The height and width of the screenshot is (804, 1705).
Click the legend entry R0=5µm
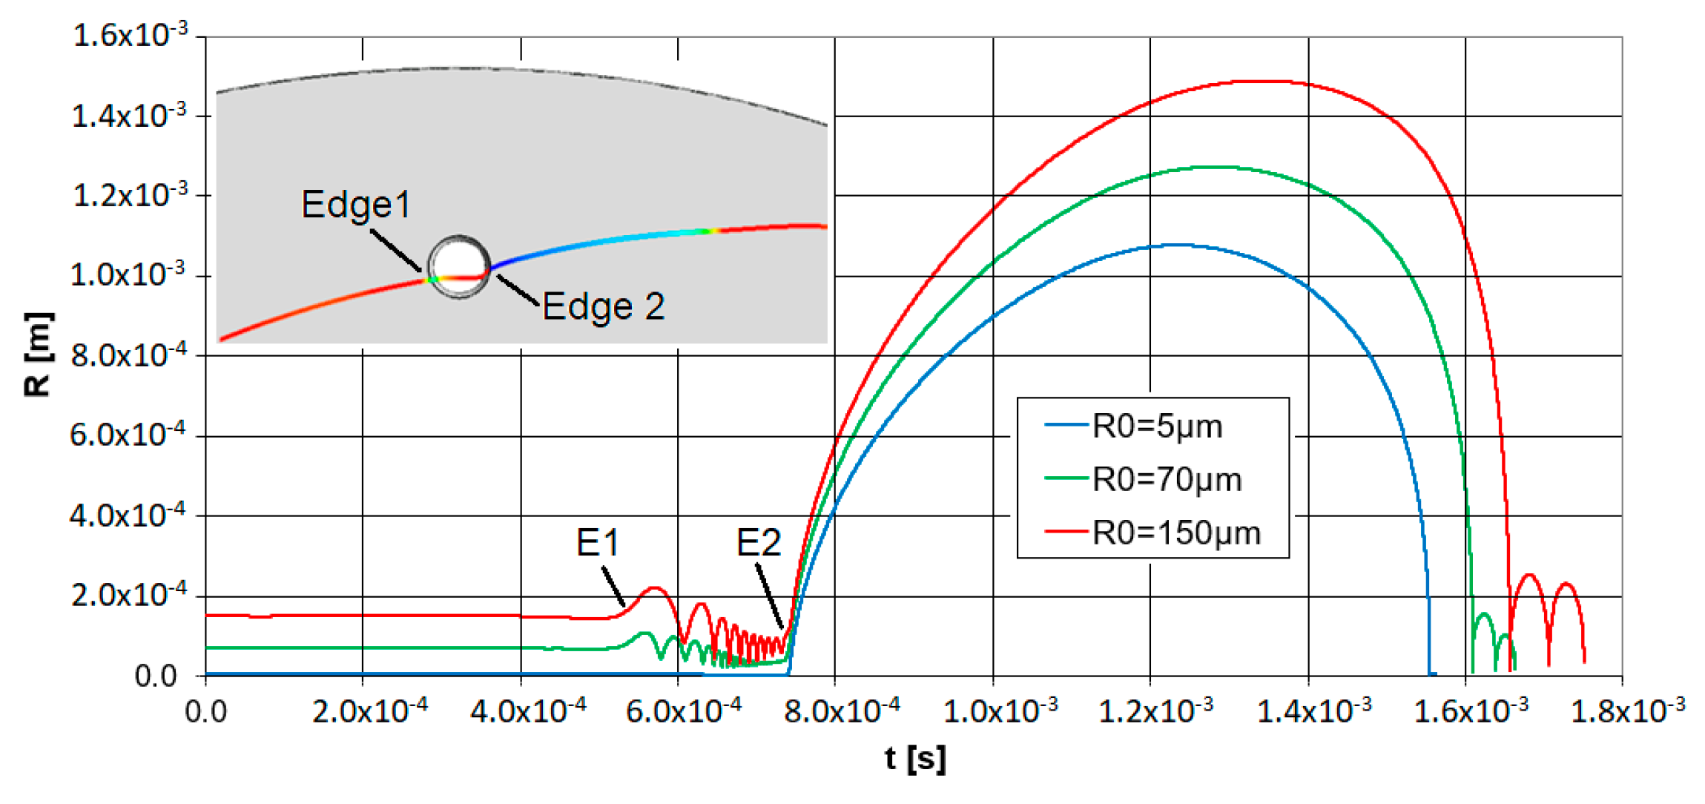pyautogui.click(x=1156, y=426)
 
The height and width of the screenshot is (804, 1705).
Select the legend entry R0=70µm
pyautogui.click(x=1166, y=480)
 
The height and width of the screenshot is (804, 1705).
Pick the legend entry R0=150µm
pyautogui.click(x=1175, y=533)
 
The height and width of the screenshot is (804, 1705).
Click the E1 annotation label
pyautogui.click(x=597, y=543)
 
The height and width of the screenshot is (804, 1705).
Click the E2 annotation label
pyautogui.click(x=758, y=543)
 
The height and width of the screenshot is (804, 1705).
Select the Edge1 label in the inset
pyautogui.click(x=356, y=204)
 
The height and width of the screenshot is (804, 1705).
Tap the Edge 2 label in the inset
pyautogui.click(x=603, y=306)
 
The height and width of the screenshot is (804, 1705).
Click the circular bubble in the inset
pyautogui.click(x=459, y=267)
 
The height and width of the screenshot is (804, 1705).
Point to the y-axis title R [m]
pyautogui.click(x=38, y=355)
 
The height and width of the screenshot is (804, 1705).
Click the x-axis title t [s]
pyautogui.click(x=915, y=758)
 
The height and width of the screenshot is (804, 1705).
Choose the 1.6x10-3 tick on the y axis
pyautogui.click(x=130, y=36)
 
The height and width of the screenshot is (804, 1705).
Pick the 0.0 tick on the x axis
pyautogui.click(x=205, y=712)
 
